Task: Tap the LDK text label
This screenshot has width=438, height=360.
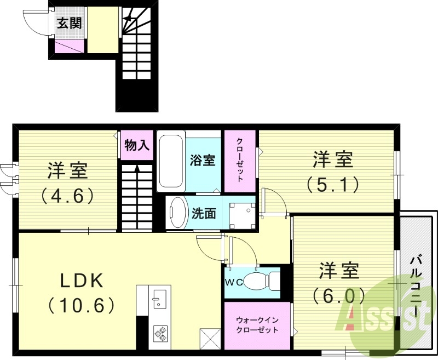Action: [82, 281]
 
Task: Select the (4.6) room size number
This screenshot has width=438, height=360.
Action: [68, 196]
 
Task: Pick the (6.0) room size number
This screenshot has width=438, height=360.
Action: [339, 296]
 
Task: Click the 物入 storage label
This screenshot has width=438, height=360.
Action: [137, 145]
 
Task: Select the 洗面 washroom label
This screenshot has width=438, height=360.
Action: [203, 214]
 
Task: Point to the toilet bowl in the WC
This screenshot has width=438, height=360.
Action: [258, 282]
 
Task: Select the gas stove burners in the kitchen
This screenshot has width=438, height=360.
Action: [160, 332]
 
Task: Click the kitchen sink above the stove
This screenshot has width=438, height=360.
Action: [159, 299]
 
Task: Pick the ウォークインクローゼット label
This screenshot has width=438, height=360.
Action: [257, 325]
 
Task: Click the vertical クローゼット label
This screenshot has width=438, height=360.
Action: [240, 160]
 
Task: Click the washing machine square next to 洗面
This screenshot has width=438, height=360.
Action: [241, 216]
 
